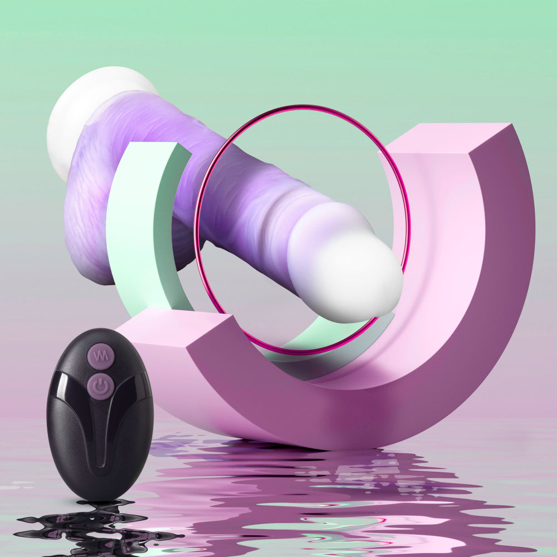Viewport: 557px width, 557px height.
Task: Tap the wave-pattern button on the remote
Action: pyautogui.click(x=101, y=355)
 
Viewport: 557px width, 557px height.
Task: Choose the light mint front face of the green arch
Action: pyautogui.click(x=131, y=223)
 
